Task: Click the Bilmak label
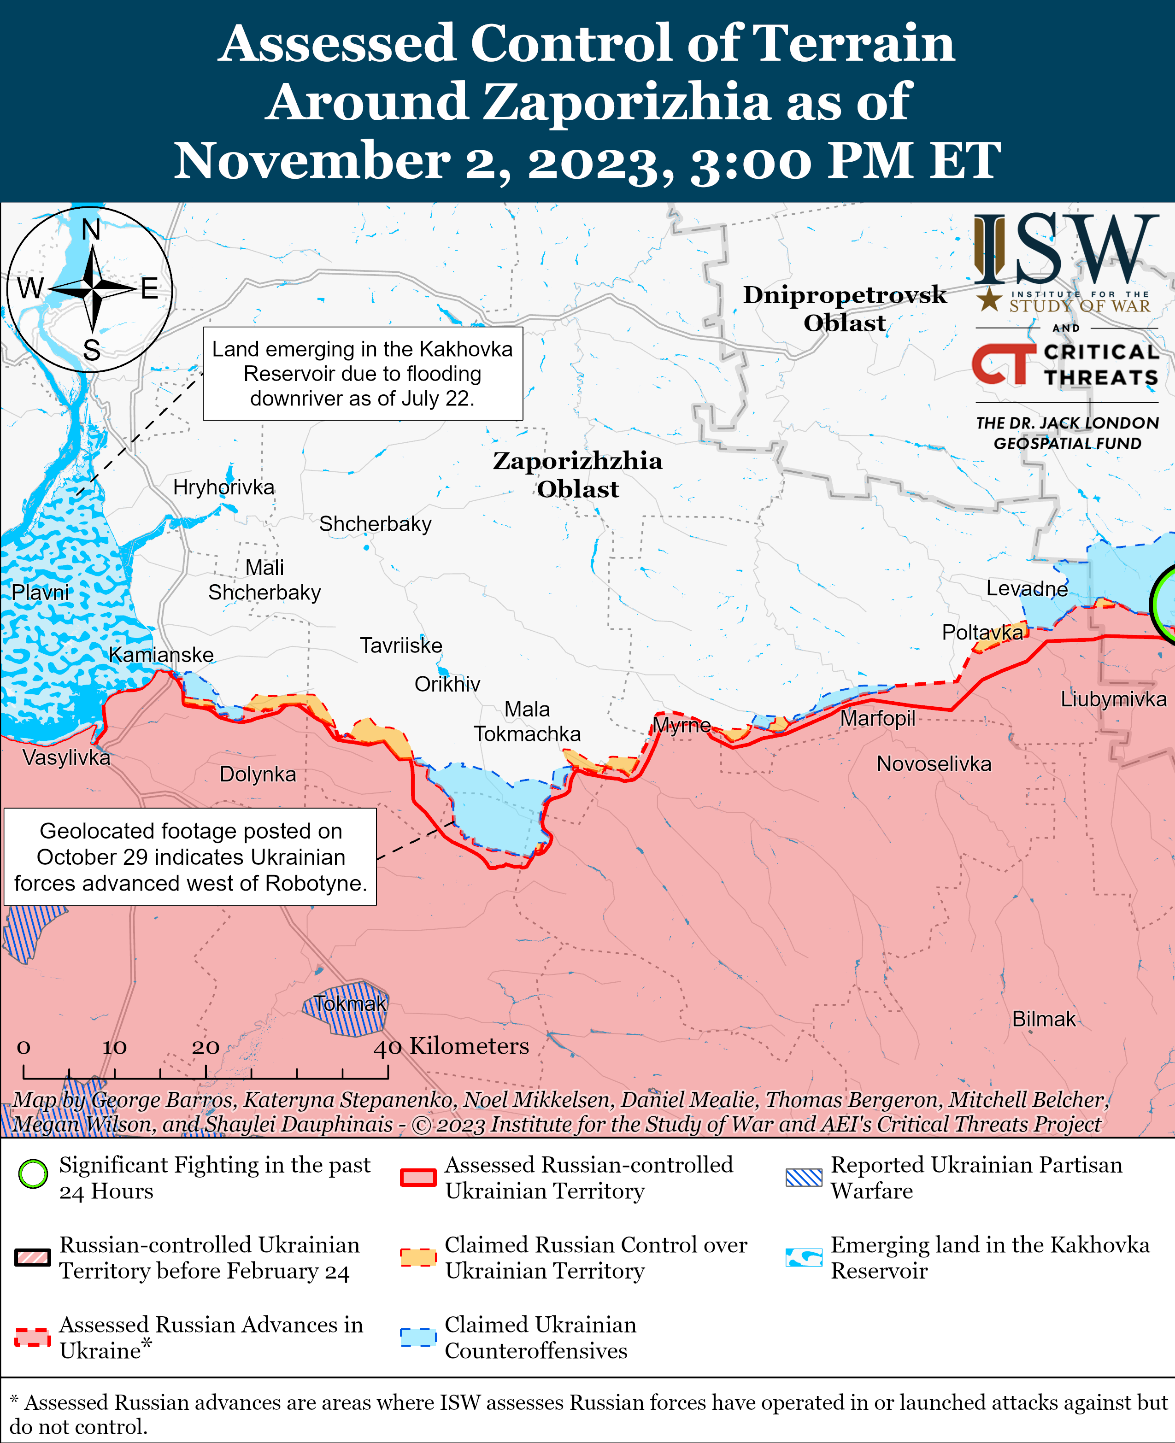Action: (1043, 1019)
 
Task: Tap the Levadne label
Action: (1026, 588)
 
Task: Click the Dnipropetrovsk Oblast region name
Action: (844, 309)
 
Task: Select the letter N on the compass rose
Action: (91, 230)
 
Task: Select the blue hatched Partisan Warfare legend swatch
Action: (804, 1177)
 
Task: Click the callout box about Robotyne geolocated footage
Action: (190, 857)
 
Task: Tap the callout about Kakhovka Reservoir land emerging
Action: (363, 374)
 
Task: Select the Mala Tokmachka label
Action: (527, 721)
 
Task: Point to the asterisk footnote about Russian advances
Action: (587, 1414)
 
